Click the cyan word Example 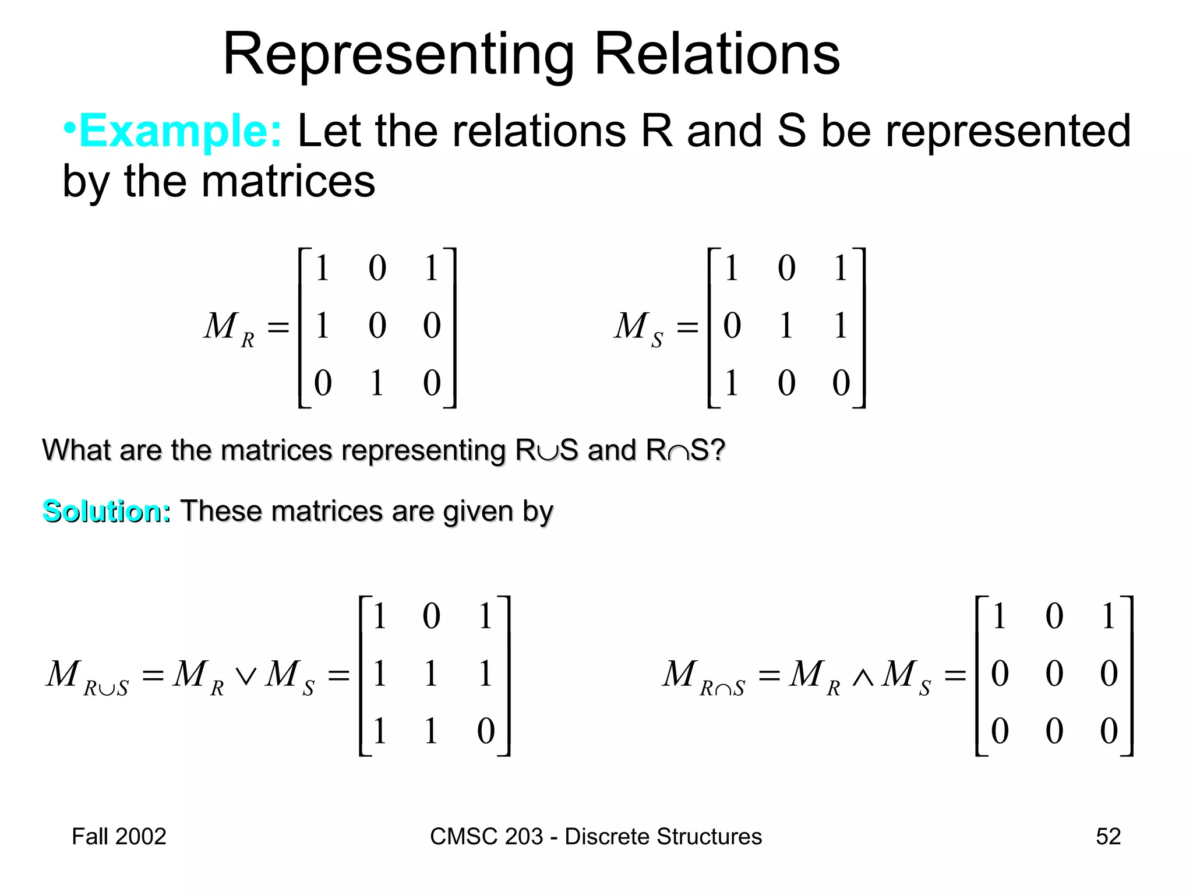point(180,131)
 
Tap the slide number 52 point(1108,836)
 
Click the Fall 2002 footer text point(119,836)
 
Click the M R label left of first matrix point(229,328)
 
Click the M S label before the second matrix point(638,328)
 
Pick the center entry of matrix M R point(377,325)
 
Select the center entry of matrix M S point(786,325)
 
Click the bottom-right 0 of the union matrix point(485,731)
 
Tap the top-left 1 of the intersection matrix point(999,616)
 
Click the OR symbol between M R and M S point(245,676)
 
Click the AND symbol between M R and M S point(863,676)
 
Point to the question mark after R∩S point(718,450)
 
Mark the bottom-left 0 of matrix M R point(323,383)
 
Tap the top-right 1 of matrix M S point(840,268)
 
